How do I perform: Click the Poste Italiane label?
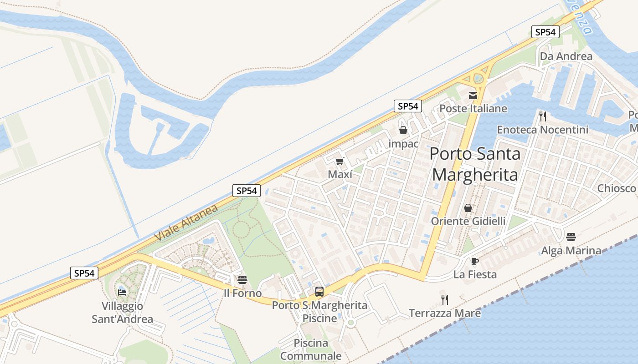473,108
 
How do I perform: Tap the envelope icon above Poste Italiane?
473,96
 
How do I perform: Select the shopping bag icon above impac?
403,131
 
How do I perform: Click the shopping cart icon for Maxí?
340,162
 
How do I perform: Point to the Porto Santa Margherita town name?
475,164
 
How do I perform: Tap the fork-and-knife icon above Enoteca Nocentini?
542,116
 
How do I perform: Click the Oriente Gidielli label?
468,221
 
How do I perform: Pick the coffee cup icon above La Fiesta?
474,261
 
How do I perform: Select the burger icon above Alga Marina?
571,237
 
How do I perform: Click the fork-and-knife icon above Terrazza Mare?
445,299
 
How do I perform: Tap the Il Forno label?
242,293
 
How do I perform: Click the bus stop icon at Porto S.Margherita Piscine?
319,292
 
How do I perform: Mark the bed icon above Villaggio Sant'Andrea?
122,292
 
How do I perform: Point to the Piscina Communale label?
311,349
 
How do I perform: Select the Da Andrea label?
566,56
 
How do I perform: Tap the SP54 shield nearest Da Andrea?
545,32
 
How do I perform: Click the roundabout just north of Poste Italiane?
478,78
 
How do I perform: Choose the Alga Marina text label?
571,250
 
